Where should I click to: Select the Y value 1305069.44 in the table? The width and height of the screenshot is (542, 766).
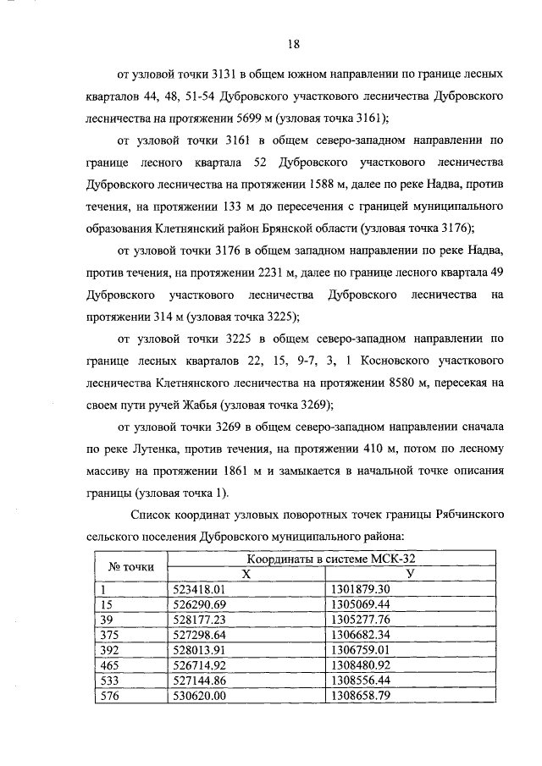click(x=359, y=604)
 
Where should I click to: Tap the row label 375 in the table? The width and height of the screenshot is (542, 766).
click(x=108, y=635)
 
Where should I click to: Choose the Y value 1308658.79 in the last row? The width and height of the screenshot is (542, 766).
click(x=359, y=696)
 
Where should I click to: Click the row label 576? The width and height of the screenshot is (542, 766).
click(x=108, y=696)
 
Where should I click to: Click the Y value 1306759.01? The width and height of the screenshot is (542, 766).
click(x=359, y=650)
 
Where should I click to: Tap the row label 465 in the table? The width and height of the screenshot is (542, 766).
click(x=108, y=665)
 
